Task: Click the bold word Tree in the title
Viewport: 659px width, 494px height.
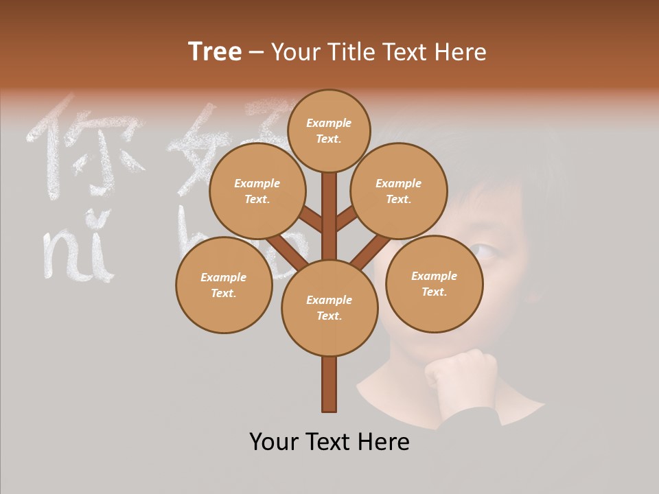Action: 215,52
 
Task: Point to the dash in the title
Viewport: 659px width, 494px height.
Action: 257,53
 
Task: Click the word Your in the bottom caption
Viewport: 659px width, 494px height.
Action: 275,441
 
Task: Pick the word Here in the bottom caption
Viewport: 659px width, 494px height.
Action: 382,441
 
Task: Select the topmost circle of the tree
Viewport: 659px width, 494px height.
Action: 329,130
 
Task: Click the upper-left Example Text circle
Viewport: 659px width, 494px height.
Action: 257,191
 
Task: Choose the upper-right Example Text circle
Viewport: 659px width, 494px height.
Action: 399,191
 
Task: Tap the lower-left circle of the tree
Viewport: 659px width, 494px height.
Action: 223,285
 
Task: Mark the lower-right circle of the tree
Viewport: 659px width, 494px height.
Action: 434,283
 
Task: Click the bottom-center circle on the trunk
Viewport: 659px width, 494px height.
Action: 329,307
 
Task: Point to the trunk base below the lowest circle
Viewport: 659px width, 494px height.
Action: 329,384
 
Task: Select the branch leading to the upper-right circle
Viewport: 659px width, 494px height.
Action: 346,220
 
